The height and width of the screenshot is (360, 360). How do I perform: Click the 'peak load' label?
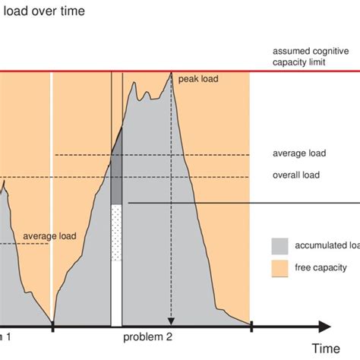[x=199, y=79]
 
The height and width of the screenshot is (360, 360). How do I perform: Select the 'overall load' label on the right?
[x=295, y=175]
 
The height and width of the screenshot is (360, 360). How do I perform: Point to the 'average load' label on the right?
[x=298, y=153]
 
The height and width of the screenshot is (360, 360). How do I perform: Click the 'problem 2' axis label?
[x=149, y=335]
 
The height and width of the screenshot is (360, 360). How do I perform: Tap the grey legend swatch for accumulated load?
[x=279, y=245]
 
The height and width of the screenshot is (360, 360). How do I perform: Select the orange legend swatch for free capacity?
[x=279, y=267]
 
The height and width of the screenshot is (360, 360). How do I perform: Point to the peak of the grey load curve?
[x=171, y=73]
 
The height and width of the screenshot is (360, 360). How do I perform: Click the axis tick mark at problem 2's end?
[x=250, y=327]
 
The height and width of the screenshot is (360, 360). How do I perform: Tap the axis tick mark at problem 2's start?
[x=52, y=327]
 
